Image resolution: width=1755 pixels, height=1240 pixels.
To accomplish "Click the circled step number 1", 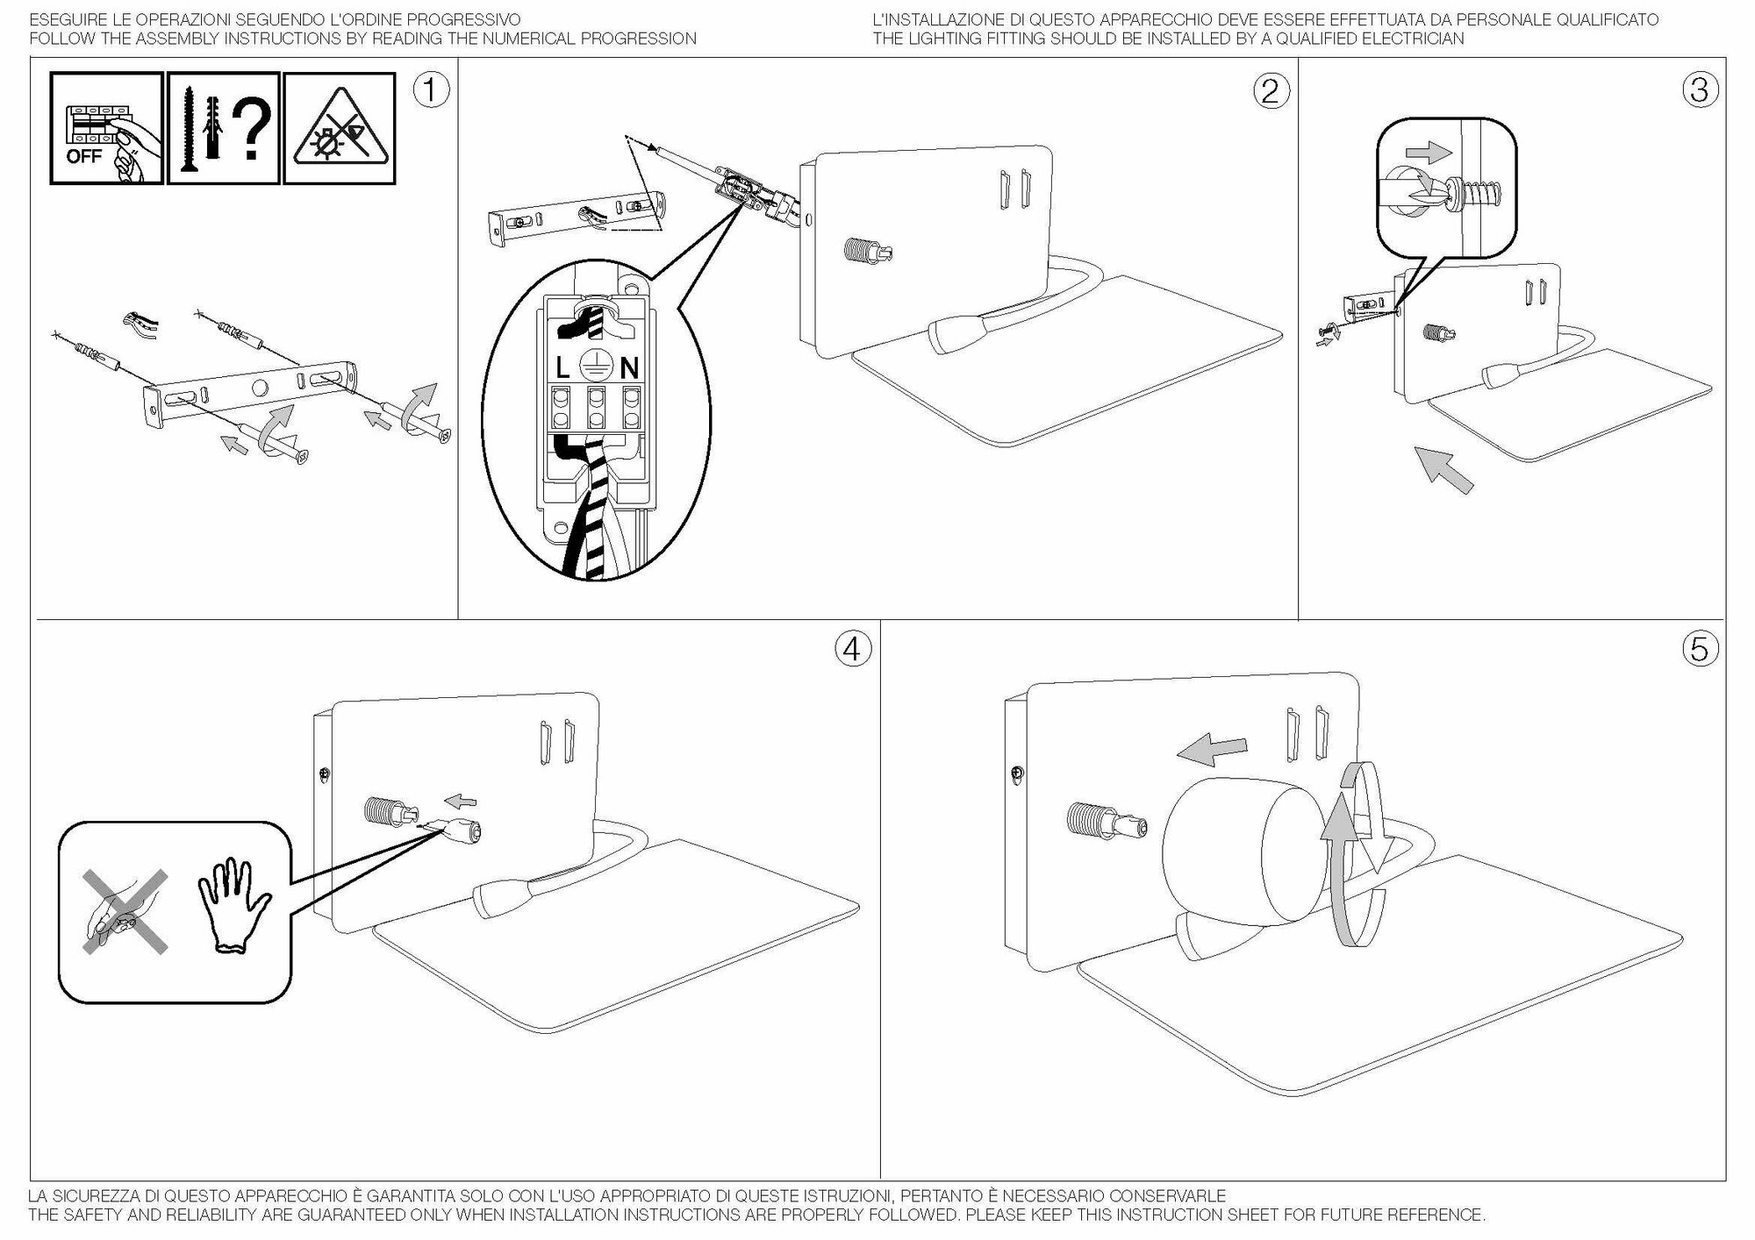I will point(431,89).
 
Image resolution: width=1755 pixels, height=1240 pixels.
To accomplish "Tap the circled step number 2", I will point(1271,91).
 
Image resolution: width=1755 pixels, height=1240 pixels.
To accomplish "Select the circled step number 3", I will point(1700,89).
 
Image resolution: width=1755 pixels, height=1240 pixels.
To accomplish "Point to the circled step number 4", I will point(852,649).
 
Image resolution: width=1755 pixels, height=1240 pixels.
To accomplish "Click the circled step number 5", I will point(1700,649).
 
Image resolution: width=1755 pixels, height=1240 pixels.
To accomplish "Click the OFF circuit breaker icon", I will point(106,128).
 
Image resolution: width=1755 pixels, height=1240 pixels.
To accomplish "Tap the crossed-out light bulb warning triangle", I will point(340,129).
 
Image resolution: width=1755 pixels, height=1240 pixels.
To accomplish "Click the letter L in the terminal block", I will point(562,367).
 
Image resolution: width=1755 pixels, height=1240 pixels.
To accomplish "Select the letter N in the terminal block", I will point(629,367).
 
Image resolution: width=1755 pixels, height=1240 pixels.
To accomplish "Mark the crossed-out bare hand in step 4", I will point(124,912).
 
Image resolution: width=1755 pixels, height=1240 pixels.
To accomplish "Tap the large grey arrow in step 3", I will point(1443,470).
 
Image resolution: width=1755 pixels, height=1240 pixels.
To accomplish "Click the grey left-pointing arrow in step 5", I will point(1211,750).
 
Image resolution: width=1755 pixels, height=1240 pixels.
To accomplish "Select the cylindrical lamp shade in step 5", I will point(1242,851).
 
